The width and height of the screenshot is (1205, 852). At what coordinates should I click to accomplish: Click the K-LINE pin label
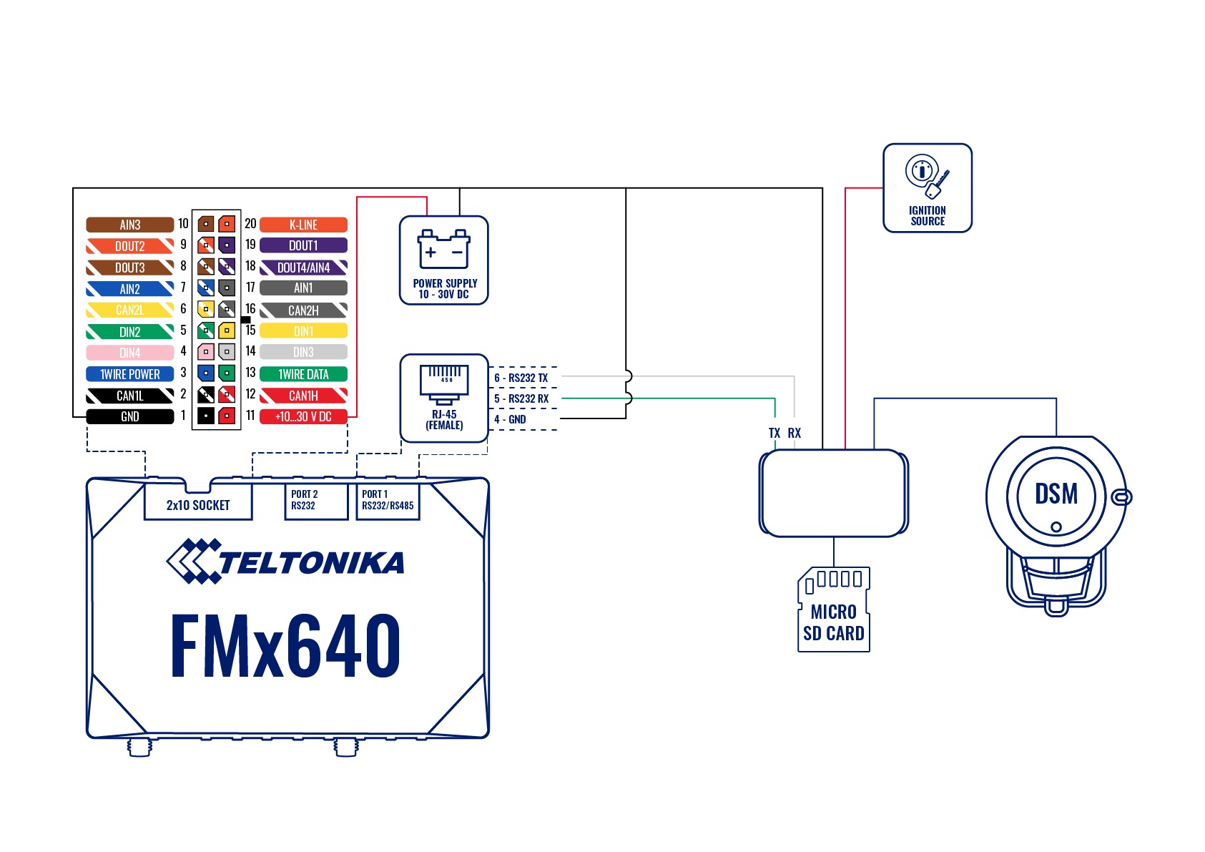click(303, 225)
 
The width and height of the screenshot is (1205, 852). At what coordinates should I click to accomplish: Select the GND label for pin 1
click(129, 416)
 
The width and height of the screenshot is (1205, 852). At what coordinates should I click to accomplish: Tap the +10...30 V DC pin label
click(303, 416)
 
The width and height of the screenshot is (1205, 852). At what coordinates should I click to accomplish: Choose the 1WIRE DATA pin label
click(303, 374)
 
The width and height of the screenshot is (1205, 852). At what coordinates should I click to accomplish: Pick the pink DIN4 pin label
click(129, 353)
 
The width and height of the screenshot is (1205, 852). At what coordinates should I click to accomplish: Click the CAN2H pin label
click(303, 310)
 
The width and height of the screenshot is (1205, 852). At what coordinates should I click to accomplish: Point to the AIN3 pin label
click(129, 225)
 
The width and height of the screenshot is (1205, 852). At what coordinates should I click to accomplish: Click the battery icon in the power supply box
click(444, 249)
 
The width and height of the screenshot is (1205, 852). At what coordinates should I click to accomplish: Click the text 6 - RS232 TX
click(521, 378)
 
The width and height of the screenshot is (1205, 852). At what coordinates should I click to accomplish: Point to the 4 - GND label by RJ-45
click(510, 419)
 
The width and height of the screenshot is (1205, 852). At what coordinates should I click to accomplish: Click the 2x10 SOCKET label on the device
click(198, 505)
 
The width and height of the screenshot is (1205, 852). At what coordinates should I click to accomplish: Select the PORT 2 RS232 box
click(315, 500)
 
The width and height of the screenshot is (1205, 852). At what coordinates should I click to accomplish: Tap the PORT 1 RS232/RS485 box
click(388, 500)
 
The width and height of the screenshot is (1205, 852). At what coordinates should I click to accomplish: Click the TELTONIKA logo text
click(311, 563)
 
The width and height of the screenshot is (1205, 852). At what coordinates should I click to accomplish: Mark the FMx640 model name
click(285, 646)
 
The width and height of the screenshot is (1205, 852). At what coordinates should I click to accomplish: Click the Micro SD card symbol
click(833, 609)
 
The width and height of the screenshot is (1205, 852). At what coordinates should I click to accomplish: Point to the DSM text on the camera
click(1056, 494)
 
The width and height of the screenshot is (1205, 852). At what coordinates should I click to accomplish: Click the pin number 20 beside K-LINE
click(250, 224)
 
